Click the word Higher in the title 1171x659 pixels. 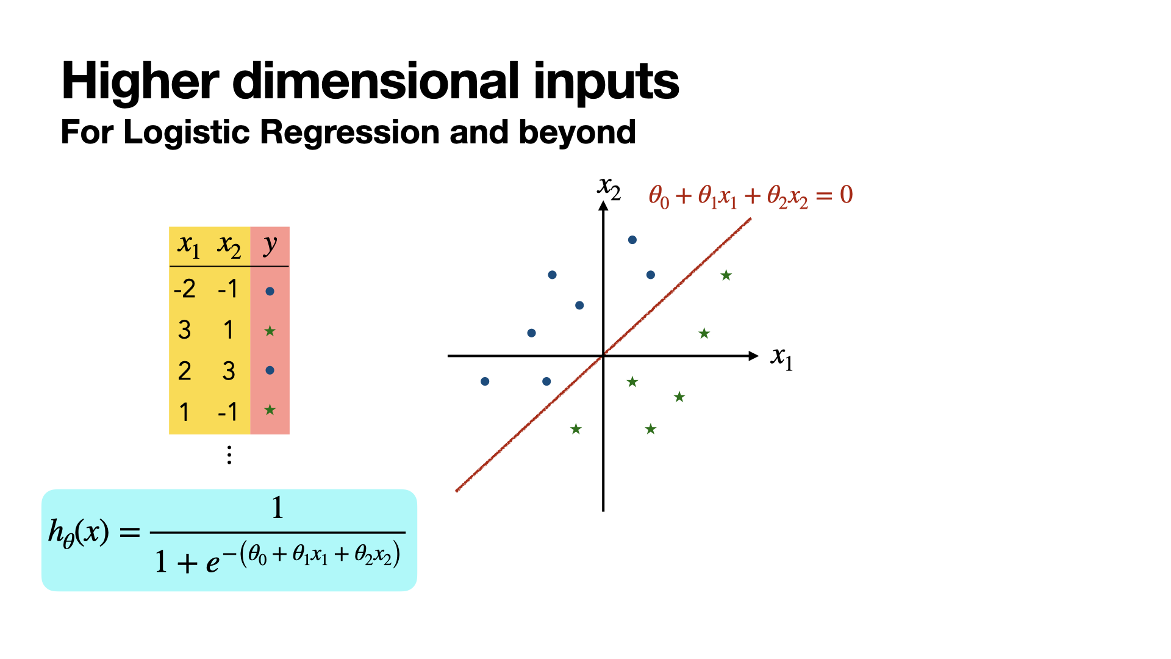pos(140,81)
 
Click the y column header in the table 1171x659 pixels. pos(270,245)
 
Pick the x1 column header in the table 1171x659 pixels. pos(188,246)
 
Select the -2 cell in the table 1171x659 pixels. pos(184,289)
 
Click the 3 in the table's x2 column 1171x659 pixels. pos(229,371)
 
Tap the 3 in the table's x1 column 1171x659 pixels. pos(184,330)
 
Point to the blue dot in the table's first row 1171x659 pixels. pos(270,291)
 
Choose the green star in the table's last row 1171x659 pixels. pos(270,410)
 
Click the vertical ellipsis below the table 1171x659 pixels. pos(229,455)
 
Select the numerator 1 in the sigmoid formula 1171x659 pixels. pos(278,507)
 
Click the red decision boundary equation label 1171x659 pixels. pos(751,196)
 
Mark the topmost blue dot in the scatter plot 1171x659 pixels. pos(632,240)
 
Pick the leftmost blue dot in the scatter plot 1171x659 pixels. pos(485,381)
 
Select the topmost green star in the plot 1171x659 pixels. pos(726,275)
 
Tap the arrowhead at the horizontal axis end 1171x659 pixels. pos(754,356)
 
